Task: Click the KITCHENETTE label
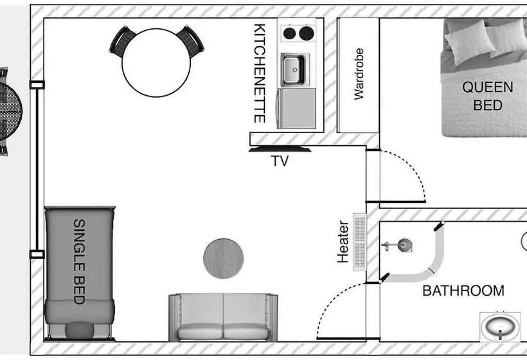click(x=260, y=73)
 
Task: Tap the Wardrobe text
click(x=359, y=74)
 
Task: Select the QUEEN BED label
click(x=488, y=96)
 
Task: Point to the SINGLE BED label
click(x=78, y=261)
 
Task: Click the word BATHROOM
click(x=463, y=291)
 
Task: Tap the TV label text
click(x=280, y=161)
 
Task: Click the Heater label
click(x=343, y=242)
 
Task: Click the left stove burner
click(x=290, y=33)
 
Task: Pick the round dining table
click(x=156, y=62)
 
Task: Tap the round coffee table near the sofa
click(x=223, y=258)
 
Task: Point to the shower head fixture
click(x=404, y=244)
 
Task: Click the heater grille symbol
click(x=360, y=242)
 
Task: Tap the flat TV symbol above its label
click(x=280, y=150)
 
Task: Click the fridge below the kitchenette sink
click(x=296, y=107)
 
